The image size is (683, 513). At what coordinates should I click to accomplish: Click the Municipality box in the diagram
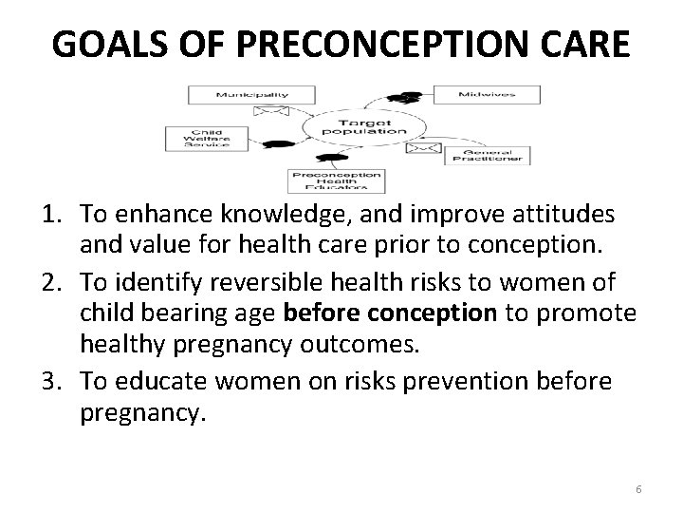coord(251,95)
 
